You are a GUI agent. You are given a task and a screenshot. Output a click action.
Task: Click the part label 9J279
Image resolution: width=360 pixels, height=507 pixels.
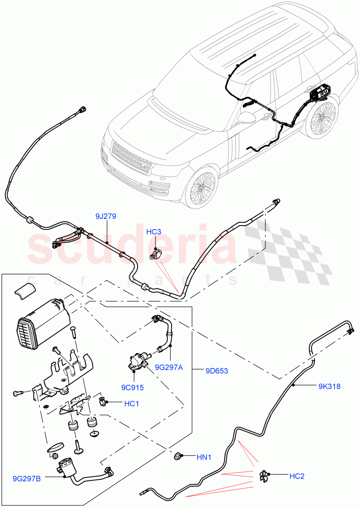pos(106,216)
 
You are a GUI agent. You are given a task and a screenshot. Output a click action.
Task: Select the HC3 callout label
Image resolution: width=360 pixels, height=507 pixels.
pos(154,232)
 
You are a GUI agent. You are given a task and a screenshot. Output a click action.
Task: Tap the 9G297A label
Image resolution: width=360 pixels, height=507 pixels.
pos(169,367)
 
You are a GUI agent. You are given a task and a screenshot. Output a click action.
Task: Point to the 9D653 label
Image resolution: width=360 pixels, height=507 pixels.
pos(216,371)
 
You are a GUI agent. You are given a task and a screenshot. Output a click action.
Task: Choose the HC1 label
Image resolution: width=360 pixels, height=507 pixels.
pos(131,404)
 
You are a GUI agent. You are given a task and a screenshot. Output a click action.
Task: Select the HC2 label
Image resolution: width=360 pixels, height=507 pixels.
pos(297,476)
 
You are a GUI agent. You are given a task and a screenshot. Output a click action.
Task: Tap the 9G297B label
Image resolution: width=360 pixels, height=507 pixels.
pos(27,479)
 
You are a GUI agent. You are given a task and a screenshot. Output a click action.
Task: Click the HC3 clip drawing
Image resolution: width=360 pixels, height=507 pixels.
pos(155,255)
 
